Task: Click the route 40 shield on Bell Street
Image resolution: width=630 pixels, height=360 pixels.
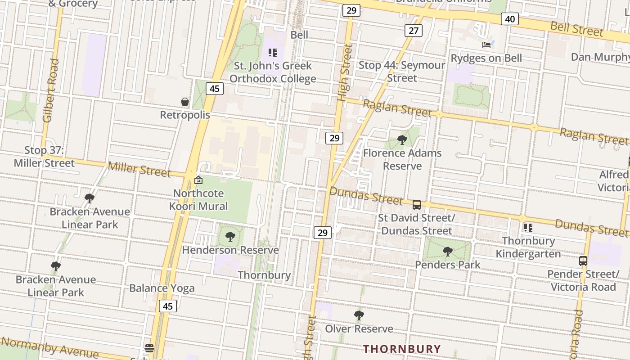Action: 509,19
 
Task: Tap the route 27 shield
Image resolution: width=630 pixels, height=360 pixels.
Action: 413,31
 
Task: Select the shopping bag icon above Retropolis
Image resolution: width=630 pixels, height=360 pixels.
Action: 185,102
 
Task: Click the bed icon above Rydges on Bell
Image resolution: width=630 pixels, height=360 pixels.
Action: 486,45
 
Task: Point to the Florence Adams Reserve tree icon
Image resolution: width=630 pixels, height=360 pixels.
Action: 402,140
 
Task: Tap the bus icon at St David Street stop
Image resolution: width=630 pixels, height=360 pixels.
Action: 417,205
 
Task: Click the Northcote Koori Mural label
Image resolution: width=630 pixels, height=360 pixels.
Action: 198,200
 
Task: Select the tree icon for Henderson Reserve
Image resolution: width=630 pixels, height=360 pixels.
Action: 230,237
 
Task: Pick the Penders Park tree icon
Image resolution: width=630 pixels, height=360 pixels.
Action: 447,252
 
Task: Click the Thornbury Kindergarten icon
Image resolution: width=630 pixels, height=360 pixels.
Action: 528,228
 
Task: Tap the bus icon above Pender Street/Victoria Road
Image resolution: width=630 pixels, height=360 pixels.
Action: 583,261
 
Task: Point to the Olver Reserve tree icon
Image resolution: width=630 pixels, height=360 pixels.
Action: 359,315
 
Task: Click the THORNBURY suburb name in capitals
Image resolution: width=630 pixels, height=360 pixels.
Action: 402,349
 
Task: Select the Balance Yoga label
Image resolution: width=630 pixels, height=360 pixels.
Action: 162,288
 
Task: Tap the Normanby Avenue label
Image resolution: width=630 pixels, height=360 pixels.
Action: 49,347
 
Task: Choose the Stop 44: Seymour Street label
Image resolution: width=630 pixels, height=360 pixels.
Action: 401,71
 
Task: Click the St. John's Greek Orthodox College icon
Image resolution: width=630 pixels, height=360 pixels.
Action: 273,53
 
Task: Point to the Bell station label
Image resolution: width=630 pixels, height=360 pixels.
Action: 299,35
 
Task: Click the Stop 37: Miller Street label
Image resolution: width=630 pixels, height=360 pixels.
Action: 44,157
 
